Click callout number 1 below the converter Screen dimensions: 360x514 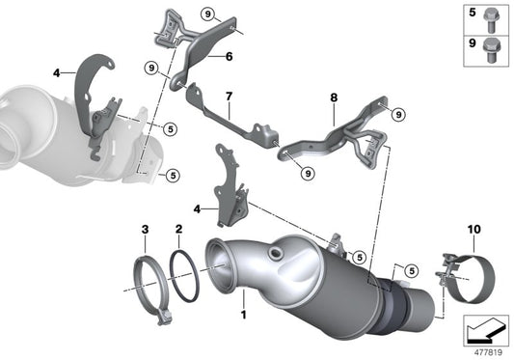pos(243,315)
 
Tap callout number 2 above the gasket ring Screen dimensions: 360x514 pos(179,230)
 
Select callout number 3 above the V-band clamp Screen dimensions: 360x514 pos(145,230)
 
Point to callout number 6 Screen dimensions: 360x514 pos(229,57)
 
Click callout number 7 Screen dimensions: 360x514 pos(229,97)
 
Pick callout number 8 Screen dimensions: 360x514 pos(334,97)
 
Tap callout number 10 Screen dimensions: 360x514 pos(446,230)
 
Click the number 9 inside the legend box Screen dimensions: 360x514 pos(473,43)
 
